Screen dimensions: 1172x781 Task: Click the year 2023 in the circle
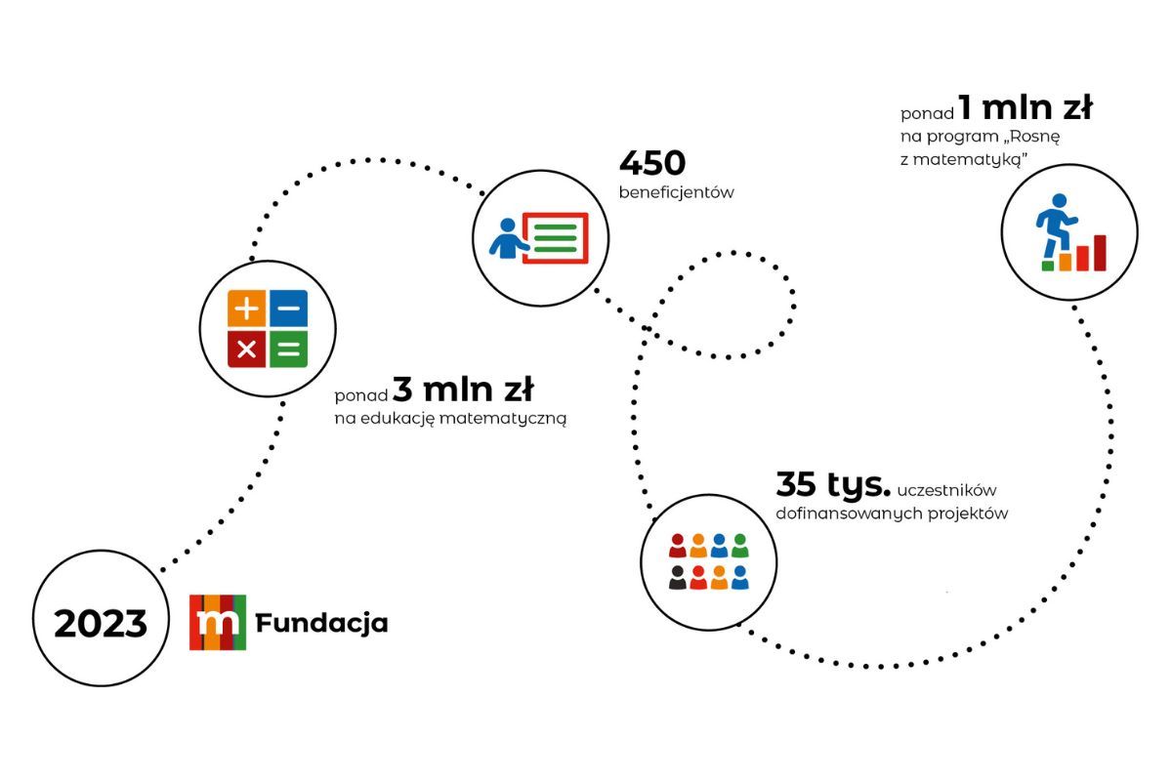pyautogui.click(x=101, y=624)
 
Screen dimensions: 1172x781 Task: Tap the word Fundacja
pyautogui.click(x=321, y=624)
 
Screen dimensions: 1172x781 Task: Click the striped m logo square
pyautogui.click(x=218, y=623)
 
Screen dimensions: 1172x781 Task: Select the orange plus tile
pyautogui.click(x=246, y=308)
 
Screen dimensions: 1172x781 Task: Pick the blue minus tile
pyautogui.click(x=289, y=308)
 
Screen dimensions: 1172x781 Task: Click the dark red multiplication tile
pyautogui.click(x=246, y=349)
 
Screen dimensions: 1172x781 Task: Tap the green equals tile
pyautogui.click(x=289, y=349)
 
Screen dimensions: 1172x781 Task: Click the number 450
pyautogui.click(x=652, y=163)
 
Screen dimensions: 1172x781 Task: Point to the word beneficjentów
pyautogui.click(x=677, y=192)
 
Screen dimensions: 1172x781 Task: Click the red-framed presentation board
pyautogui.click(x=555, y=238)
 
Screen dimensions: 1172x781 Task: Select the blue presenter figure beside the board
pyautogui.click(x=508, y=238)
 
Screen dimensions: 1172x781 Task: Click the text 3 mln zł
pyautogui.click(x=463, y=390)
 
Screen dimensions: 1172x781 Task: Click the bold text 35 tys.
pyautogui.click(x=833, y=484)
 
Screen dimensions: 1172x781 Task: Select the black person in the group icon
pyautogui.click(x=678, y=578)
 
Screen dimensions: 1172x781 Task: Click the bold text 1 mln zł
pyautogui.click(x=1025, y=107)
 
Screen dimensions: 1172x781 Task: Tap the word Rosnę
pyautogui.click(x=1035, y=137)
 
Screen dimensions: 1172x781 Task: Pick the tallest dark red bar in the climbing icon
pyautogui.click(x=1100, y=253)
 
